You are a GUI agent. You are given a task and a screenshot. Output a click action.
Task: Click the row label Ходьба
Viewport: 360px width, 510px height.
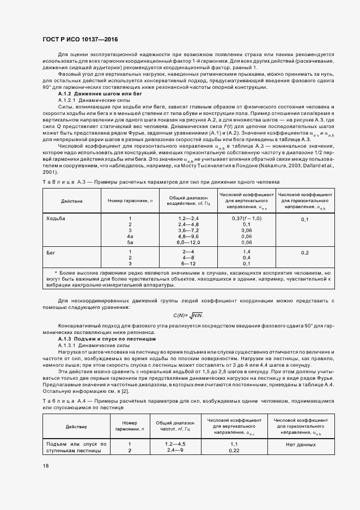click(57, 218)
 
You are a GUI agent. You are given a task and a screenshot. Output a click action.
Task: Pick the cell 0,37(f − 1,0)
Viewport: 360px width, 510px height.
click(246, 218)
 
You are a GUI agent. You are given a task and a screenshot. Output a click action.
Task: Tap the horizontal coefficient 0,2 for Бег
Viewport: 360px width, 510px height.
click(304, 253)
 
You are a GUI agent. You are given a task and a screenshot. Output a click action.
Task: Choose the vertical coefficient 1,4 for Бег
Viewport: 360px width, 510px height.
click(246, 251)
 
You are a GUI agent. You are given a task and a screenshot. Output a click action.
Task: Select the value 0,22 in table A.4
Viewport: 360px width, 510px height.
click(234, 450)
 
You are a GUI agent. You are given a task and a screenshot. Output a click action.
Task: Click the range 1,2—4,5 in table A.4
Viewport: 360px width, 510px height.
click(175, 444)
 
